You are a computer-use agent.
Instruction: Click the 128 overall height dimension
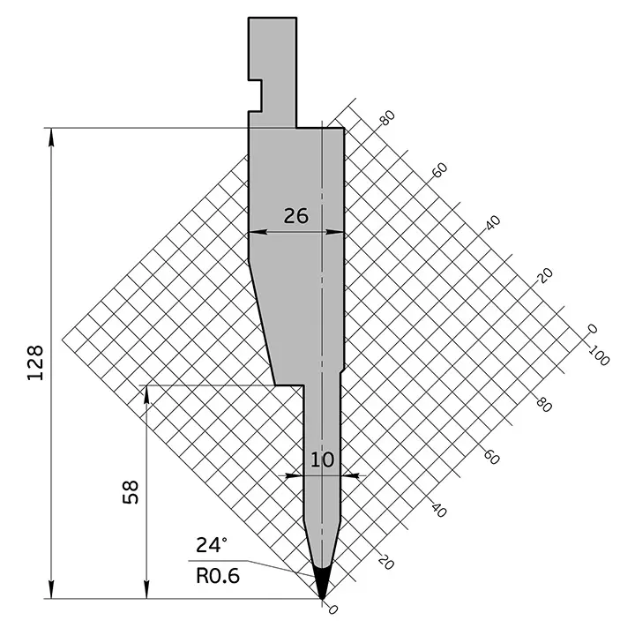pos(35,362)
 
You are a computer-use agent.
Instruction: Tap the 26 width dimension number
pos(296,215)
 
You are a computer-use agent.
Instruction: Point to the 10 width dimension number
pos(323,459)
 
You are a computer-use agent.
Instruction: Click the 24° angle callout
pos(212,544)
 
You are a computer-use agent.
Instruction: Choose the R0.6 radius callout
pos(217,576)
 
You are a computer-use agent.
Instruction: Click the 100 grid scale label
pos(599,357)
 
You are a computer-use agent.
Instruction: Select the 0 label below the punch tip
pos(332,609)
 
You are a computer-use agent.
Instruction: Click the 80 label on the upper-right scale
pos(385,120)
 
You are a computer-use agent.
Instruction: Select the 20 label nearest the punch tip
pos(385,561)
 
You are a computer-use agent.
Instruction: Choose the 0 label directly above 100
pos(593,329)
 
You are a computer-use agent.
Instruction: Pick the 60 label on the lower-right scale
pos(492,458)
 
